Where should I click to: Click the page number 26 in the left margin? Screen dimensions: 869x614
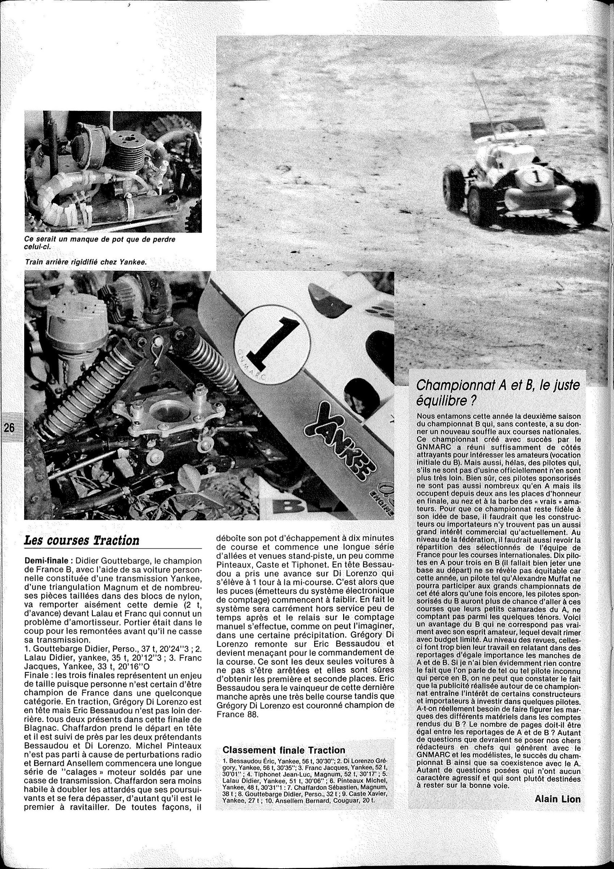click(x=9, y=428)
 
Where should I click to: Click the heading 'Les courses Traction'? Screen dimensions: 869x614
click(x=82, y=540)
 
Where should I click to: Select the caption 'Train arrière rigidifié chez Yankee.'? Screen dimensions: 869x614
click(x=86, y=262)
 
